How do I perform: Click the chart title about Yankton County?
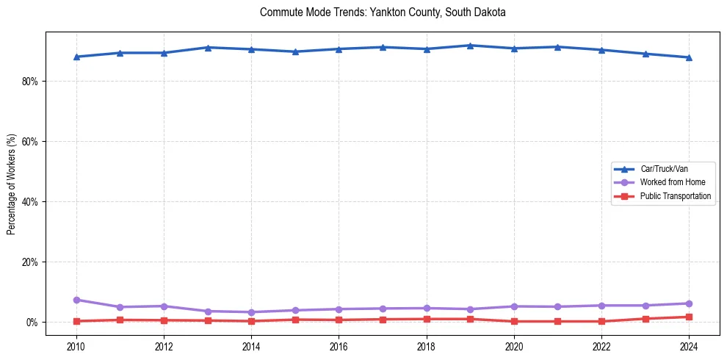383,12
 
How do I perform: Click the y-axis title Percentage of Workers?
11,184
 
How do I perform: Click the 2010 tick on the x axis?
76,346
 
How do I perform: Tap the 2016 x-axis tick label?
339,346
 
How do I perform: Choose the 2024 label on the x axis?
689,346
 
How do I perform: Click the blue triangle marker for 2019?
470,46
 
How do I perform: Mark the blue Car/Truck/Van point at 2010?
76,57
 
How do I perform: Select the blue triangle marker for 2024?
689,57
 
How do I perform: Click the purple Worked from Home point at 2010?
76,300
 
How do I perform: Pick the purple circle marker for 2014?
251,312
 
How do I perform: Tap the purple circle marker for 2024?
689,303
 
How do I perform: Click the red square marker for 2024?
689,317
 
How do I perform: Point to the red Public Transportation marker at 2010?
76,321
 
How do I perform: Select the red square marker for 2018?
427,319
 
